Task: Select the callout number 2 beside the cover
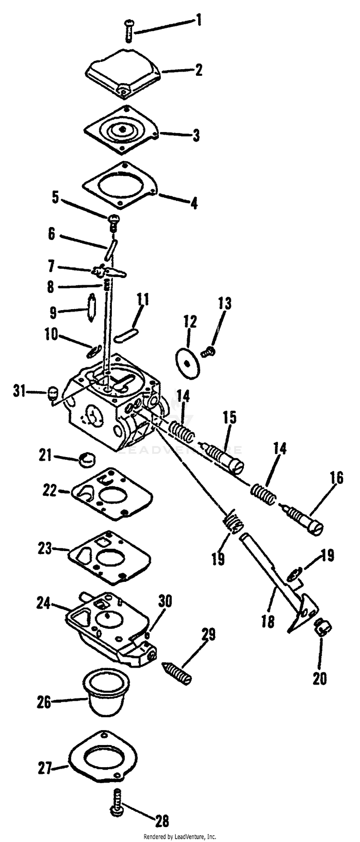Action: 198,70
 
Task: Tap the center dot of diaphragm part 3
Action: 123,130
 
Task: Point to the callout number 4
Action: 193,203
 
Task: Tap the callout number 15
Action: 229,418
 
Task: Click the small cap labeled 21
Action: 87,459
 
